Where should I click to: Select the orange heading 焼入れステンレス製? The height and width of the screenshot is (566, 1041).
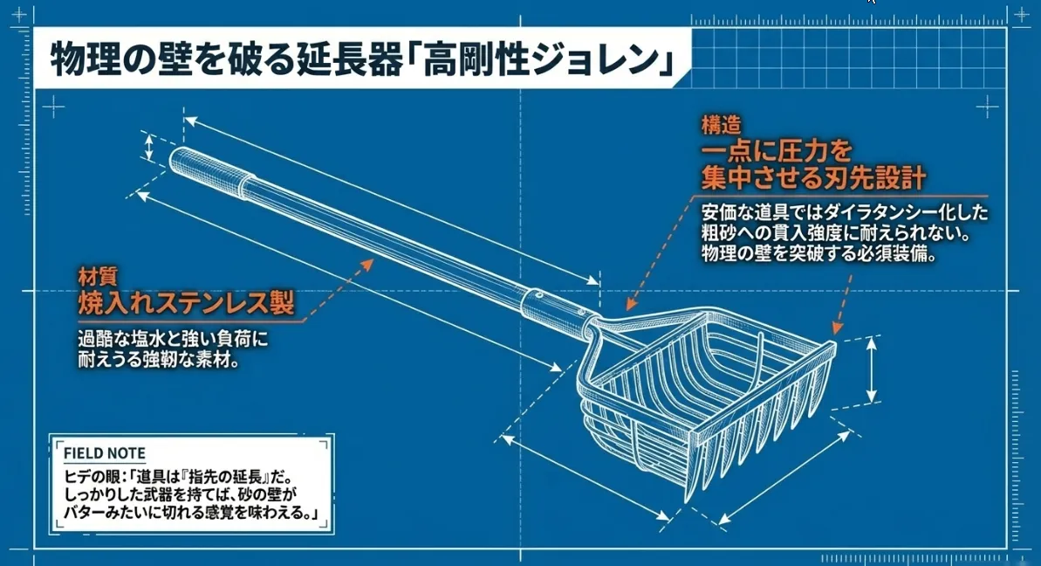click(186, 303)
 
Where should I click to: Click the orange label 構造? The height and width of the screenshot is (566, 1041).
click(721, 125)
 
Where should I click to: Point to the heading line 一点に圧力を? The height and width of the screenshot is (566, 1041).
click(777, 151)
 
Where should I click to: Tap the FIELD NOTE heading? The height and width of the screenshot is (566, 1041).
click(104, 453)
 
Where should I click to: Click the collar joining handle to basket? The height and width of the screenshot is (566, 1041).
click(554, 307)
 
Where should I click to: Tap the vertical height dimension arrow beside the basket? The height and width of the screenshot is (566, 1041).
click(872, 370)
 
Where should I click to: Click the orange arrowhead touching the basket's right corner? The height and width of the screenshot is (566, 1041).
click(837, 327)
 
